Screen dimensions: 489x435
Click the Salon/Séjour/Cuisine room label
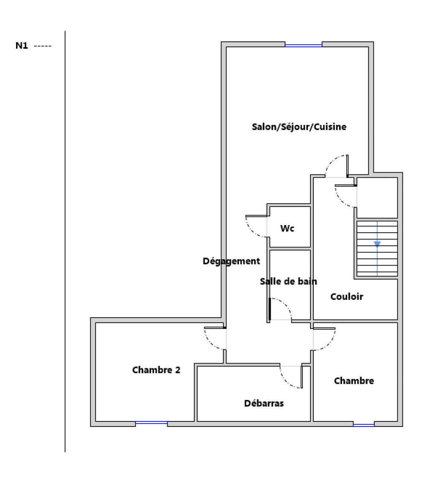point(299,127)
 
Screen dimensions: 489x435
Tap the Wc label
point(287,228)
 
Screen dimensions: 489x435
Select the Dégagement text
point(231,261)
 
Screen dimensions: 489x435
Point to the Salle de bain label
point(288,281)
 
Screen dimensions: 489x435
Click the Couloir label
point(346,296)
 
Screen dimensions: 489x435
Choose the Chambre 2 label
point(156,370)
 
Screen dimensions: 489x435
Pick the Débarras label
point(264,403)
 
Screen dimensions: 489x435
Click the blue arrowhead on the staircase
point(377,244)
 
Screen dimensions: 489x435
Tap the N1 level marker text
point(22,46)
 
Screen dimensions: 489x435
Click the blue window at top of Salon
point(303,45)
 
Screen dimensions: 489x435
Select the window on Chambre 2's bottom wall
point(151,423)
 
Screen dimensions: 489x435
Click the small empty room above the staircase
point(377,197)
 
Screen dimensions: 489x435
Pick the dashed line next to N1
point(43,46)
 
